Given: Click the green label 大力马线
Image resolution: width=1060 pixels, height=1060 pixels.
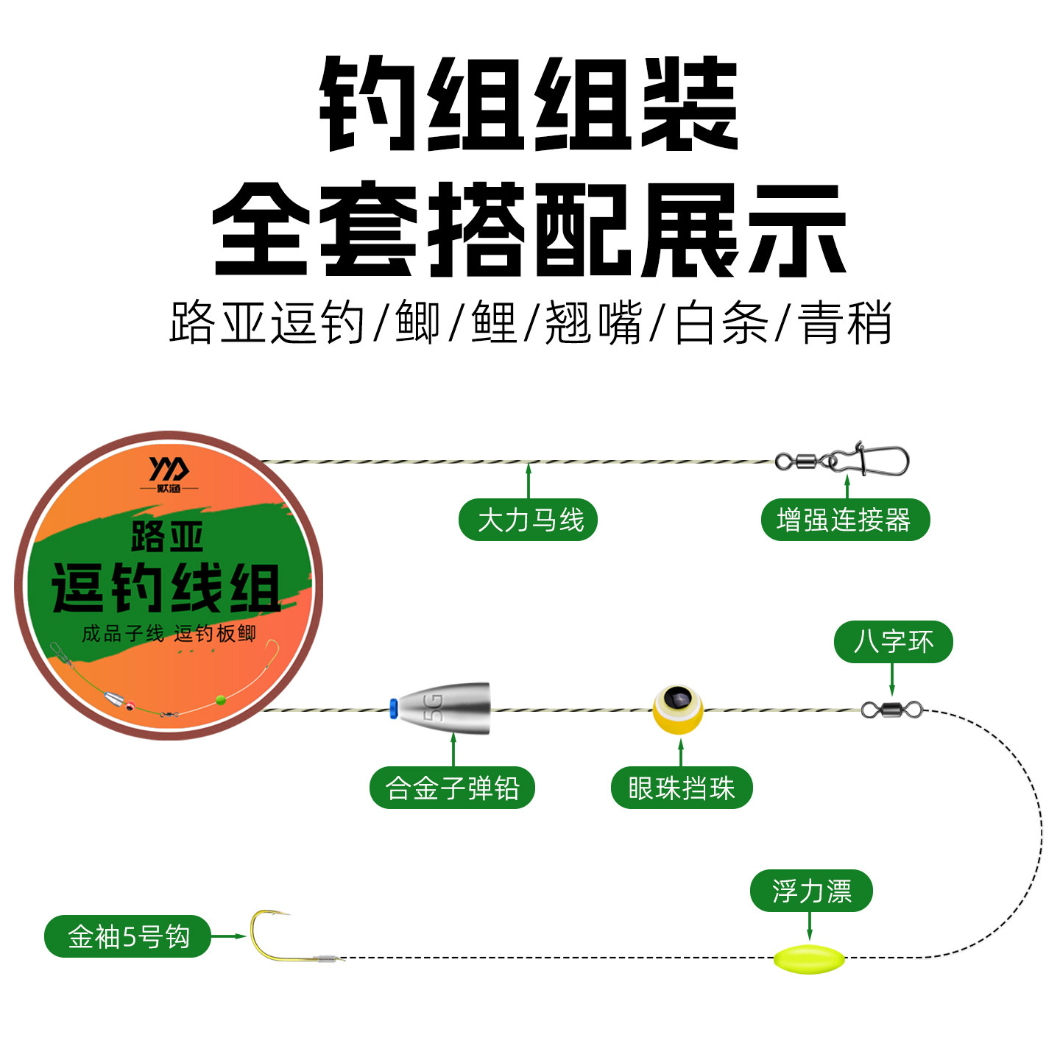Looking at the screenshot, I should (x=528, y=520).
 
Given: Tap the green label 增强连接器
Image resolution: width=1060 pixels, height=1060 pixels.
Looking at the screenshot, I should (x=845, y=520).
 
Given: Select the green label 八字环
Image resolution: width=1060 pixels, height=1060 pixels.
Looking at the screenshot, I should (x=893, y=642).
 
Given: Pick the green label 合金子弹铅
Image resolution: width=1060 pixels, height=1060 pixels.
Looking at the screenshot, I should (x=452, y=788).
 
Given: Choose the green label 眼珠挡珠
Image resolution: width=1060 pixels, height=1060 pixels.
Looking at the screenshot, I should (x=681, y=788).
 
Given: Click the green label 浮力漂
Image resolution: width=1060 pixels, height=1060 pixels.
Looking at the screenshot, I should (x=811, y=891).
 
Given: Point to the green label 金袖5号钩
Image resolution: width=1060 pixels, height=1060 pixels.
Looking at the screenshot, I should (x=128, y=936).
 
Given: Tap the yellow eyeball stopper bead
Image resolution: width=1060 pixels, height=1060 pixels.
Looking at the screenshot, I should (x=678, y=709).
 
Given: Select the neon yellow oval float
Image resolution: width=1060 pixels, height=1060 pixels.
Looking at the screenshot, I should (x=808, y=959).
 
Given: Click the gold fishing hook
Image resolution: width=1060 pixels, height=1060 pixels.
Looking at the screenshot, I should (x=272, y=939).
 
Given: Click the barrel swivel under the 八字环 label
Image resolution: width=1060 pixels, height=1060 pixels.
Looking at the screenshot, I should (x=891, y=710).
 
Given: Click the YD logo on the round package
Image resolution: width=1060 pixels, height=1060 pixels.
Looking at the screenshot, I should (x=169, y=469).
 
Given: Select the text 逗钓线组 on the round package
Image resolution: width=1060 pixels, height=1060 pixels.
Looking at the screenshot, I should (x=166, y=589).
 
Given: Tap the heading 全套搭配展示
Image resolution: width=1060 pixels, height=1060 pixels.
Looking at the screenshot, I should (x=529, y=230).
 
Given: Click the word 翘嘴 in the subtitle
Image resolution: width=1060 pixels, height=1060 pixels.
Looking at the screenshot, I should (x=593, y=322).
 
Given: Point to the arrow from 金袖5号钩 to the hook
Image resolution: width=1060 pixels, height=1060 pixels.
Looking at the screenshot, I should (x=229, y=936).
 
